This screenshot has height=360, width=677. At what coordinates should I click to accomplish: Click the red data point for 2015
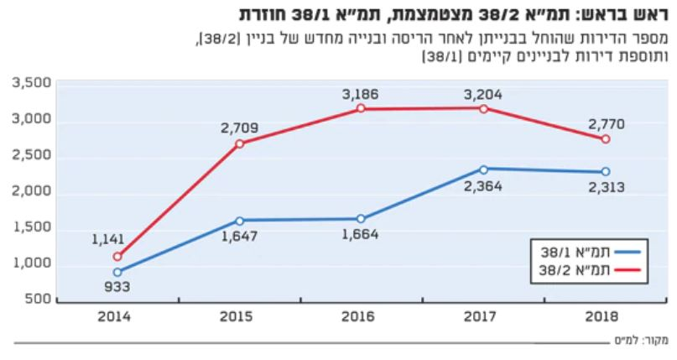point(239,143)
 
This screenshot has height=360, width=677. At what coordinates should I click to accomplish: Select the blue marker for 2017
point(483,169)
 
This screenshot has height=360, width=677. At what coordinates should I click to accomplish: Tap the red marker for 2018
point(606,139)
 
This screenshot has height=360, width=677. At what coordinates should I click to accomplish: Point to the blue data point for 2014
point(117,272)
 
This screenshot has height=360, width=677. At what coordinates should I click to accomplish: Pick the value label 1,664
point(361,234)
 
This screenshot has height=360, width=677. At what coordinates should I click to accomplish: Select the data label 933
point(117,288)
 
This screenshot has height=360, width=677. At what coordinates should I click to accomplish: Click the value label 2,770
point(605,123)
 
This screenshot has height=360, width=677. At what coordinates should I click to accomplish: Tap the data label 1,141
point(108,239)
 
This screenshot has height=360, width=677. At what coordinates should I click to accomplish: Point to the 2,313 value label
point(605,187)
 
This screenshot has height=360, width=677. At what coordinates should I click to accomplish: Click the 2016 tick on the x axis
point(362,317)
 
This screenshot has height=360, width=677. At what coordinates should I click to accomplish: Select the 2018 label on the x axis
point(605,317)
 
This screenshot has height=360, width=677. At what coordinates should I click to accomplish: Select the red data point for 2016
point(362,109)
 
